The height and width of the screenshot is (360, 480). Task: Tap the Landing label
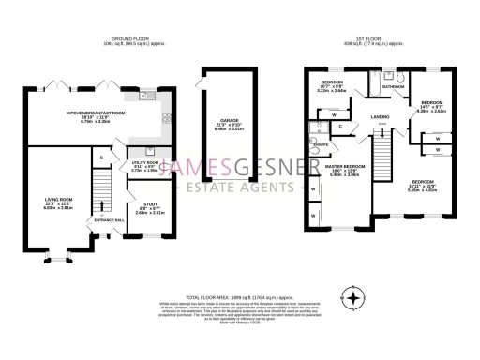click(381, 117)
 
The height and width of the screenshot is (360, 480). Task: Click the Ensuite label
click(321, 145)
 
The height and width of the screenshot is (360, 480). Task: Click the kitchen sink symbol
click(148, 95)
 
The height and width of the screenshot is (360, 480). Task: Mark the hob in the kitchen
click(165, 117)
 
